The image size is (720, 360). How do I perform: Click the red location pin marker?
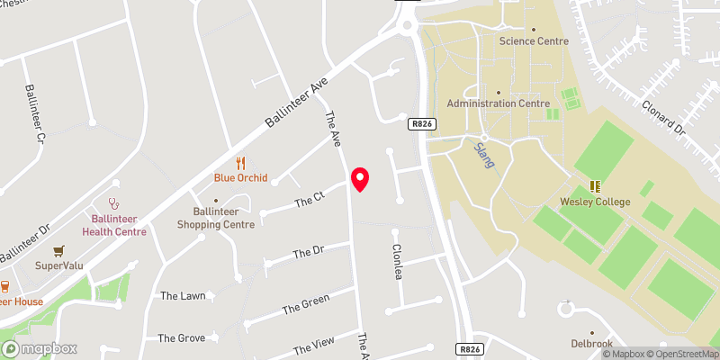(360, 179)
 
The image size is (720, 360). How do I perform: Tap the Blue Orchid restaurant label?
(240, 178)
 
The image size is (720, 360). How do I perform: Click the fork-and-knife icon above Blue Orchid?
(240, 163)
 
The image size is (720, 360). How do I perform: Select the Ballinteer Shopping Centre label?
(215, 218)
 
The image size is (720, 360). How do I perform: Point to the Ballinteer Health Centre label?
(113, 225)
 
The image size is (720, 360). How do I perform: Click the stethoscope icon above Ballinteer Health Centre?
(113, 204)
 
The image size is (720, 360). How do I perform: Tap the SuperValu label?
(58, 265)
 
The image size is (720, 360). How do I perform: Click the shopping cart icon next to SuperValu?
(58, 251)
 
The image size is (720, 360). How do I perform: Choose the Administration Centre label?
(498, 103)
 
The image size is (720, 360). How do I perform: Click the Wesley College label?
(595, 202)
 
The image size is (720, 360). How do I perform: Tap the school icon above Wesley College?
(595, 186)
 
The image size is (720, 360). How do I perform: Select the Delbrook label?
(591, 343)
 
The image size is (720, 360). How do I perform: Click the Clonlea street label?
(395, 262)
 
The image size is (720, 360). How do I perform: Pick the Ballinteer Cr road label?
(34, 114)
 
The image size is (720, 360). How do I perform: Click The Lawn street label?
(183, 295)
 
